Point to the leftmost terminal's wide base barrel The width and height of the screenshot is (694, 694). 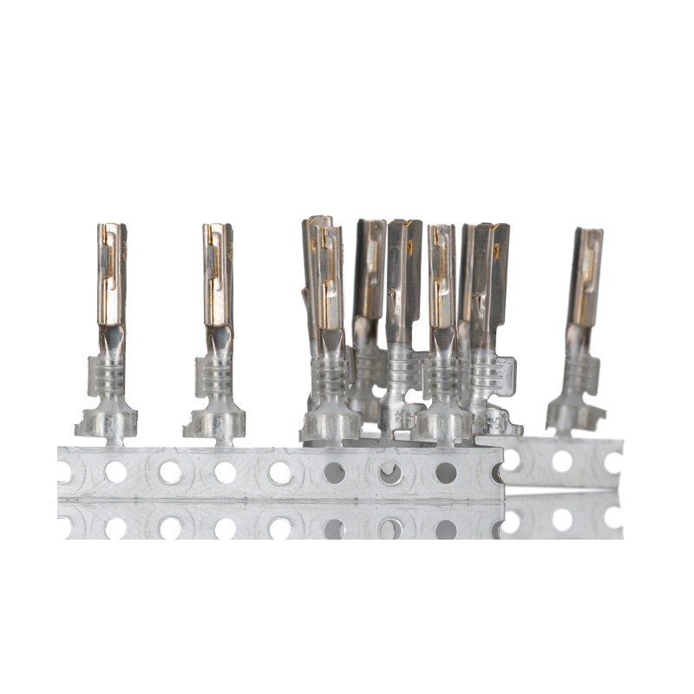[x=108, y=422]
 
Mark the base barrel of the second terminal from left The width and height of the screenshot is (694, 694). [x=215, y=422]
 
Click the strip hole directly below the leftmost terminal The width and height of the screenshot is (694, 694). [x=115, y=472]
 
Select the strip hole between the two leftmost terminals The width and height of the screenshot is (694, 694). [x=170, y=472]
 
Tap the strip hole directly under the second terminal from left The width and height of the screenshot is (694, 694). [x=225, y=472]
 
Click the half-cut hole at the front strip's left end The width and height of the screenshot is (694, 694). [x=63, y=472]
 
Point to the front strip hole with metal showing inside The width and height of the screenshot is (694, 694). [x=390, y=472]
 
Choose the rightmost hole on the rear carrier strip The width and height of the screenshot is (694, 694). [x=613, y=462]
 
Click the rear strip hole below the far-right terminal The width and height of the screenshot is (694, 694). [x=562, y=462]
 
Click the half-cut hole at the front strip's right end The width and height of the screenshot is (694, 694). [x=498, y=472]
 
